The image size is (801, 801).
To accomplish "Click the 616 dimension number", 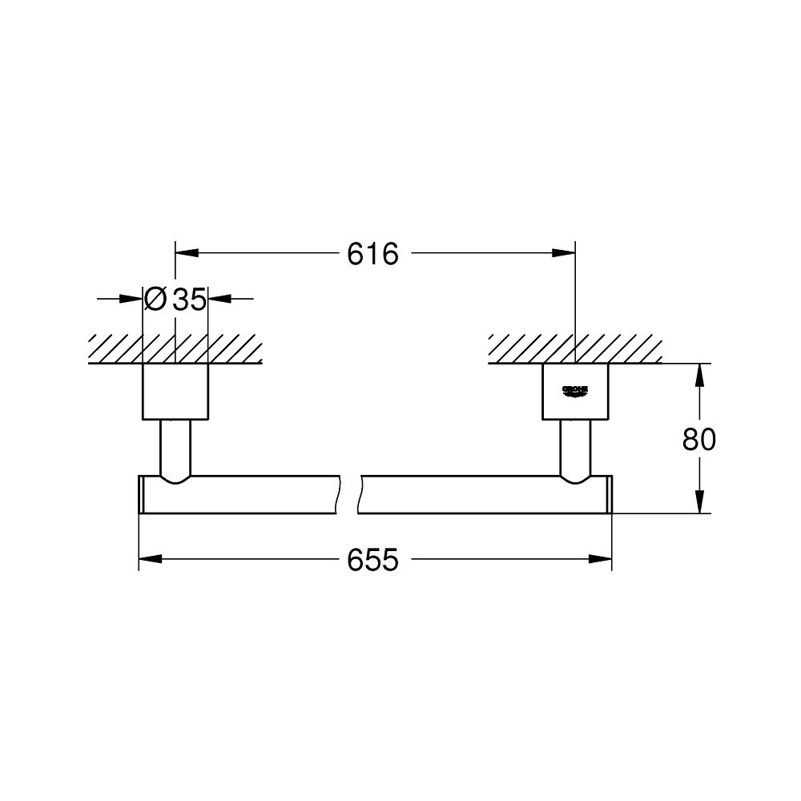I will pos(372,255).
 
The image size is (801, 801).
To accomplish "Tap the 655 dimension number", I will pos(372,561).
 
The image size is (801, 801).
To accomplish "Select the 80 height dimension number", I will pos(699,439).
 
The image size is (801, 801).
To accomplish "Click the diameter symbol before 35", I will pos(155,300).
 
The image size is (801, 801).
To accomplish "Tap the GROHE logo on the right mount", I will pos(576,390).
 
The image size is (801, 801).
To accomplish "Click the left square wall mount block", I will pos(175,392).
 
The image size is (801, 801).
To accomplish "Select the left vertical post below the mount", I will pos(175,447).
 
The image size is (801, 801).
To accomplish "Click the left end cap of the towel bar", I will pos(142,494).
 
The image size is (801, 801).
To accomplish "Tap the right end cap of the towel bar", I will pos(609,494).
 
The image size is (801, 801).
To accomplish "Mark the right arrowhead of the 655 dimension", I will pos(601,560).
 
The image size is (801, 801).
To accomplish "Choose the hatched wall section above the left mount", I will pos(175,349).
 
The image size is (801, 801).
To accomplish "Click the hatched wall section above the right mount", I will pos(576,349).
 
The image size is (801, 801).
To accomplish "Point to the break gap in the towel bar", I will pos(350,494).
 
